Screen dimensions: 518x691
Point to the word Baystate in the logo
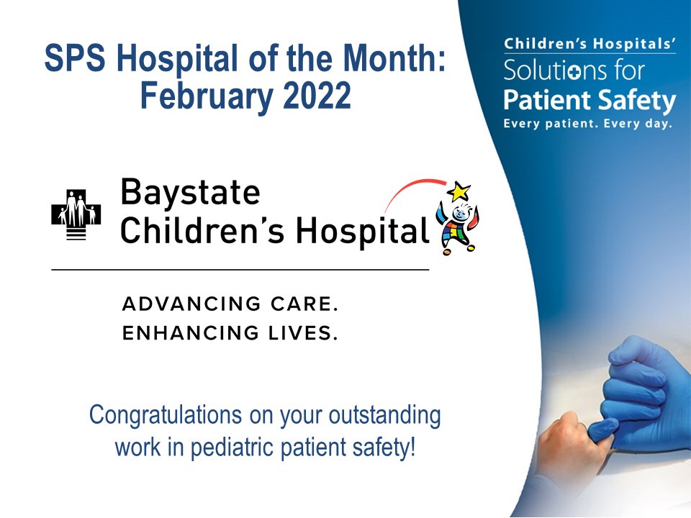190,192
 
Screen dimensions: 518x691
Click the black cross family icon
76,213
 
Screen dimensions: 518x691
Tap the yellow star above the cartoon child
459,191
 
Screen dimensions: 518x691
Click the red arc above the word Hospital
410,188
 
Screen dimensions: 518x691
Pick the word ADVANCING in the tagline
184,304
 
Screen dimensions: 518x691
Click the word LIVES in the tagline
299,334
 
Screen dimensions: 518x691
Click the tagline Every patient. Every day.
587,123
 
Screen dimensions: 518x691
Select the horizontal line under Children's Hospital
240,269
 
